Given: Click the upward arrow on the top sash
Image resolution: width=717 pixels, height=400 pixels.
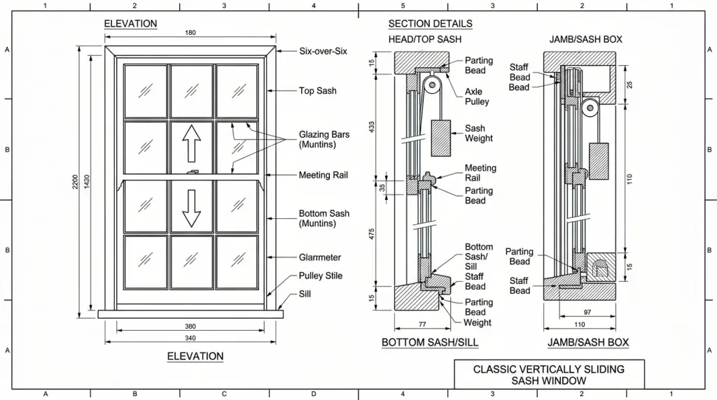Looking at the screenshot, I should pyautogui.click(x=191, y=145).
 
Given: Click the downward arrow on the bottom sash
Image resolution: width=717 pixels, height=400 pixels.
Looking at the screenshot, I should pyautogui.click(x=191, y=208).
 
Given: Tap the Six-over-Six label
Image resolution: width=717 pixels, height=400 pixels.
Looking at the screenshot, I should pyautogui.click(x=323, y=51).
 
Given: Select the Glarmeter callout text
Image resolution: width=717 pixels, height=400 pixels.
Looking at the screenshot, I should pyautogui.click(x=320, y=257).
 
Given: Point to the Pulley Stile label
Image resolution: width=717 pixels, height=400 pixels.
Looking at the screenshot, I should pyautogui.click(x=321, y=276).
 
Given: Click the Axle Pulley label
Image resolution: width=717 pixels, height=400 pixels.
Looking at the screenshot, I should pyautogui.click(x=477, y=97).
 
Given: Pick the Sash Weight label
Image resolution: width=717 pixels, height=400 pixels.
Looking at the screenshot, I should pyautogui.click(x=479, y=134).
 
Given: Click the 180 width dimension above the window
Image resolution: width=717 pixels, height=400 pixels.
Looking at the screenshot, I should pyautogui.click(x=190, y=33).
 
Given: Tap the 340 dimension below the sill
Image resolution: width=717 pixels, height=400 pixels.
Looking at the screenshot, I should pyautogui.click(x=190, y=338).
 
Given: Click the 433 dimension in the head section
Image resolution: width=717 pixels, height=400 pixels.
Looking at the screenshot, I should pyautogui.click(x=373, y=128).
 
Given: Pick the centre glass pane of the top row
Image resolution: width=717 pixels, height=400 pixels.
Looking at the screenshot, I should pyautogui.click(x=191, y=91).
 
